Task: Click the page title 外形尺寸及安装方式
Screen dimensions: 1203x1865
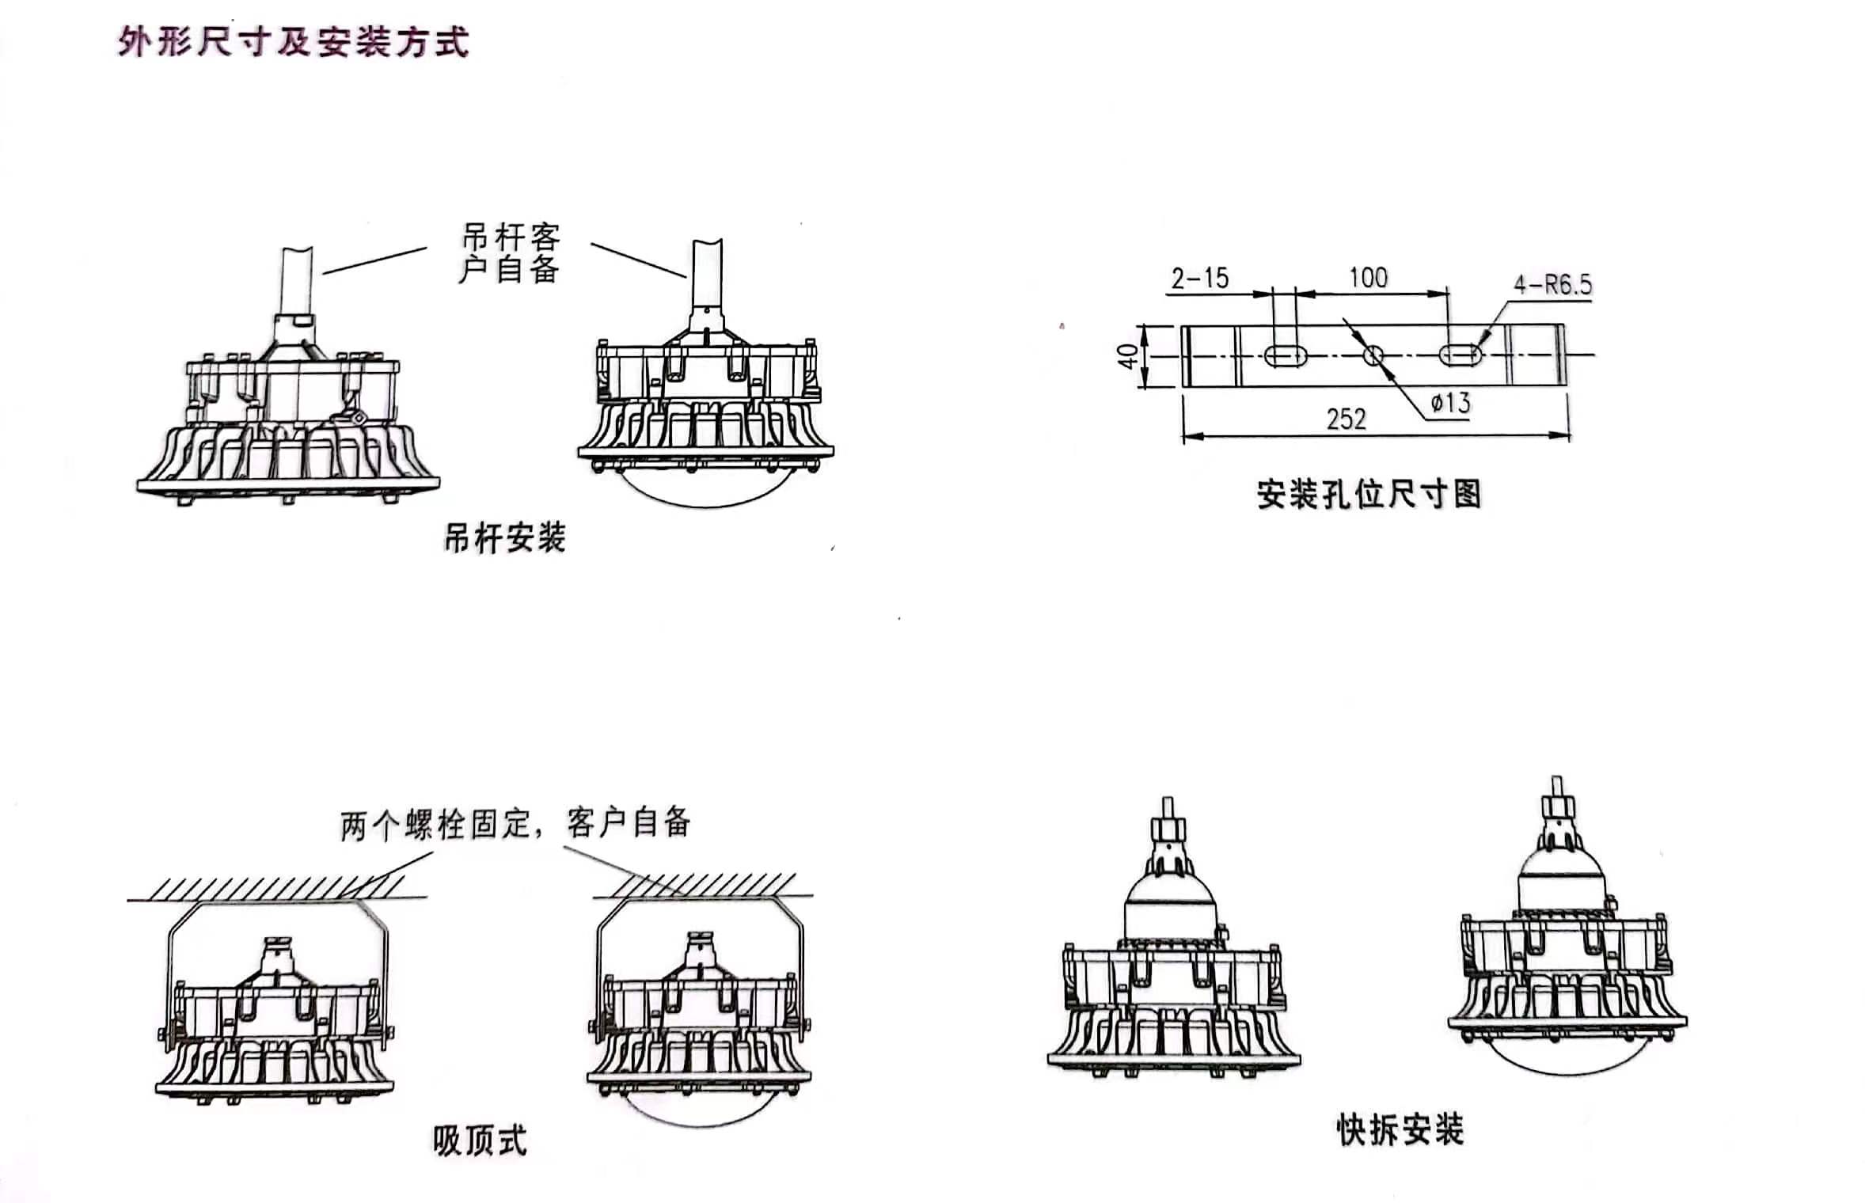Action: tap(293, 42)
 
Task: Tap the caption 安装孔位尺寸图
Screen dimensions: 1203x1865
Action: tap(1369, 495)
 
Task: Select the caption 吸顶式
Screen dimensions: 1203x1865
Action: tap(480, 1140)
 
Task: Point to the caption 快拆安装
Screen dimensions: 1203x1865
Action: tap(1400, 1129)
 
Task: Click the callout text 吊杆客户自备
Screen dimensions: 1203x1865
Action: tap(511, 253)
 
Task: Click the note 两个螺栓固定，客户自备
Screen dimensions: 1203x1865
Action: tap(515, 824)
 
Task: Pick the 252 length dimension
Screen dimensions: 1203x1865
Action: tap(1347, 419)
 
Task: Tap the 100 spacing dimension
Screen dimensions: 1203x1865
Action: tap(1368, 277)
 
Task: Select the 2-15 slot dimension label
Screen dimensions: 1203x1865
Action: tap(1200, 279)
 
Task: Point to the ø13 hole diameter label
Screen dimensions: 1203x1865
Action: tap(1450, 404)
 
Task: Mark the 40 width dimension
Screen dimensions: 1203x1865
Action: tap(1128, 356)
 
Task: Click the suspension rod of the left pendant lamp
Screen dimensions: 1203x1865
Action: tap(297, 281)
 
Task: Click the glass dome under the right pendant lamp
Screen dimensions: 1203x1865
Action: tap(705, 487)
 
